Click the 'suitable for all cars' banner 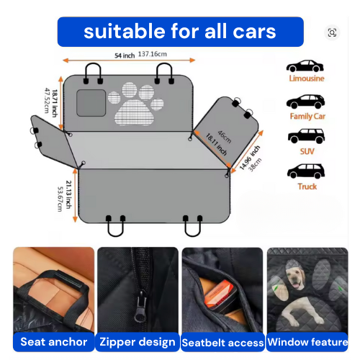pyautogui.click(x=180, y=32)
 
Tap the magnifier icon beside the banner pyautogui.click(x=332, y=32)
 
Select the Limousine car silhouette pyautogui.click(x=305, y=66)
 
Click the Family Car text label pyautogui.click(x=307, y=116)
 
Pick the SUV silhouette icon pyautogui.click(x=306, y=135)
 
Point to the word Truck pyautogui.click(x=307, y=186)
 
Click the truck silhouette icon pyautogui.click(x=306, y=171)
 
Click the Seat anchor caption pyautogui.click(x=53, y=342)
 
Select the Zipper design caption pyautogui.click(x=137, y=342)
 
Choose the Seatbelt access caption pyautogui.click(x=221, y=343)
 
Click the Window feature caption pyautogui.click(x=307, y=342)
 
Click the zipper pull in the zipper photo pyautogui.click(x=134, y=302)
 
